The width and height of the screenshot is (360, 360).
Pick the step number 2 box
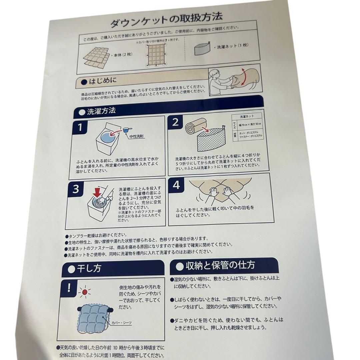(x=176, y=122)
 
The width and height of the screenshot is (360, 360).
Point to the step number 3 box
(x=76, y=189)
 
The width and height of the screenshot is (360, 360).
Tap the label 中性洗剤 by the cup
(x=137, y=136)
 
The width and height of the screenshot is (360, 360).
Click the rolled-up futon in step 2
(x=193, y=128)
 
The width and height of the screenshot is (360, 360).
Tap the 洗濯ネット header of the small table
(x=247, y=117)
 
